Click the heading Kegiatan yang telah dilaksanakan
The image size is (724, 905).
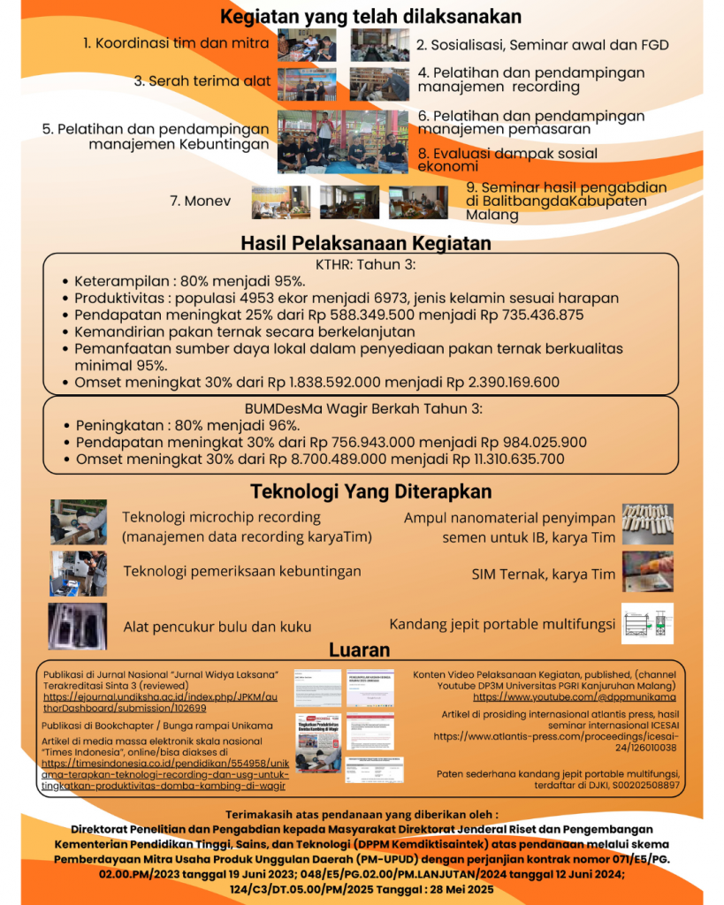(x=370, y=16)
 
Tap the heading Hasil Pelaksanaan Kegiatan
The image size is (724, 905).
(x=366, y=243)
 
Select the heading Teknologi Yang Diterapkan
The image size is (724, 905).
(x=370, y=491)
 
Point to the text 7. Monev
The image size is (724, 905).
(x=200, y=202)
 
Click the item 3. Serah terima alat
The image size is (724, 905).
(x=202, y=80)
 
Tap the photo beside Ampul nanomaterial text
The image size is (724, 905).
(x=647, y=523)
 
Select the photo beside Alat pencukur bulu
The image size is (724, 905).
(x=78, y=626)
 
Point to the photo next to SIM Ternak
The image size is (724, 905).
(x=647, y=571)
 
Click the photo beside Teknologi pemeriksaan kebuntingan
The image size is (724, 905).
(x=78, y=573)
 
